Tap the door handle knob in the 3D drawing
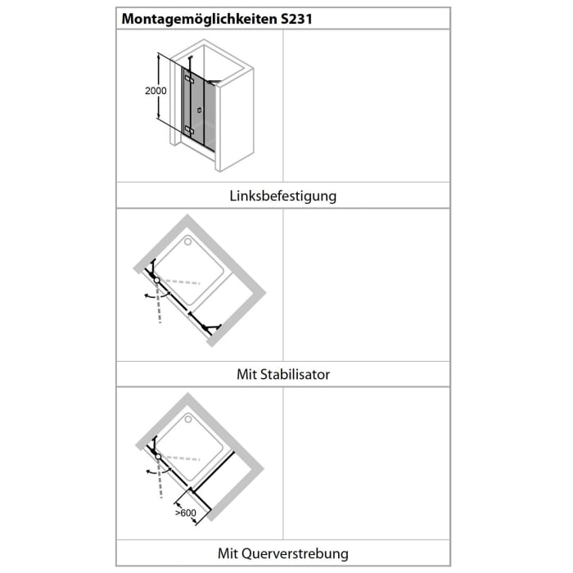pyautogui.click(x=199, y=109)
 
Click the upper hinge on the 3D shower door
pyautogui.click(x=189, y=79)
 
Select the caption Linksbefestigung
pyautogui.click(x=282, y=196)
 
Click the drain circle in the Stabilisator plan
pyautogui.click(x=191, y=241)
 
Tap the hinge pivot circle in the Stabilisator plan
pyautogui.click(x=156, y=281)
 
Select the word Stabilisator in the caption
pyautogui.click(x=295, y=374)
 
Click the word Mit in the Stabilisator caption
pyautogui.click(x=246, y=374)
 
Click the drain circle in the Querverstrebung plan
pyautogui.click(x=191, y=420)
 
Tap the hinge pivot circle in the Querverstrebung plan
pyautogui.click(x=157, y=457)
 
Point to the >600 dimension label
pyautogui.click(x=185, y=513)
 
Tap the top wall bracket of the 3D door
pyautogui.click(x=190, y=58)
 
